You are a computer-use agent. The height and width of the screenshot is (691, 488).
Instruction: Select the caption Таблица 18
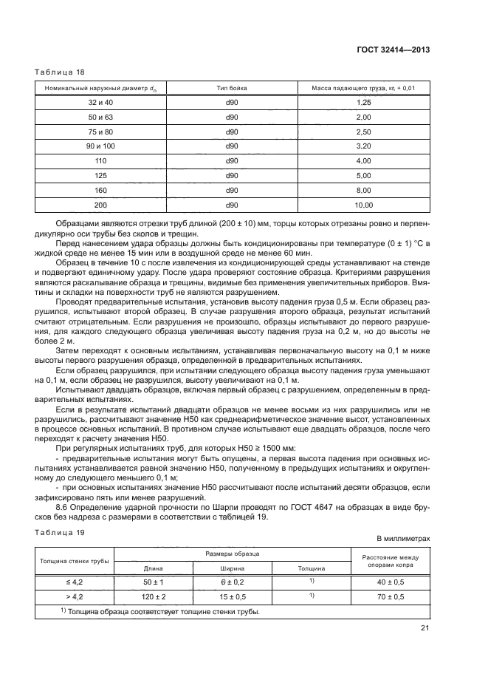click(60, 72)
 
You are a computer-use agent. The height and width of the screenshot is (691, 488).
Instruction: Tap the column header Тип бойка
click(231, 88)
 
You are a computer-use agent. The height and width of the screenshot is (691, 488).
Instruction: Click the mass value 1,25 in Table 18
click(362, 102)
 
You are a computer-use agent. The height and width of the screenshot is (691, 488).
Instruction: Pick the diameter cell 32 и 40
click(97, 102)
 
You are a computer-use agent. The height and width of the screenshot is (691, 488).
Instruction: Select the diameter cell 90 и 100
click(97, 146)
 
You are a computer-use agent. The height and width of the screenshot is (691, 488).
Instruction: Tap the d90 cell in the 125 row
click(231, 175)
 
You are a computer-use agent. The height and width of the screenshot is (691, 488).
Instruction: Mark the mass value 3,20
click(362, 146)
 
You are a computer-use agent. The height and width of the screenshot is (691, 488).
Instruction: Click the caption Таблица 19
click(60, 532)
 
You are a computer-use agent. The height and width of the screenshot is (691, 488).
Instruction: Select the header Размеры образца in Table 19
click(231, 553)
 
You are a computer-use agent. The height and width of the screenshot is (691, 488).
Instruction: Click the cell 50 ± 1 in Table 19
click(153, 582)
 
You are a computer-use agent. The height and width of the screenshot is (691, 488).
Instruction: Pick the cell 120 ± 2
click(153, 596)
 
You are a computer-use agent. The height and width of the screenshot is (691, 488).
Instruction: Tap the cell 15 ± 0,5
click(231, 596)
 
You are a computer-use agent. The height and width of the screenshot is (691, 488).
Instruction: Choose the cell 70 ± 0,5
click(389, 596)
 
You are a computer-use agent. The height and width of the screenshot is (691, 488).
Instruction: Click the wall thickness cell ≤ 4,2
click(74, 582)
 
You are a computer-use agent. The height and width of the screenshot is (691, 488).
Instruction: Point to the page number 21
click(425, 630)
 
